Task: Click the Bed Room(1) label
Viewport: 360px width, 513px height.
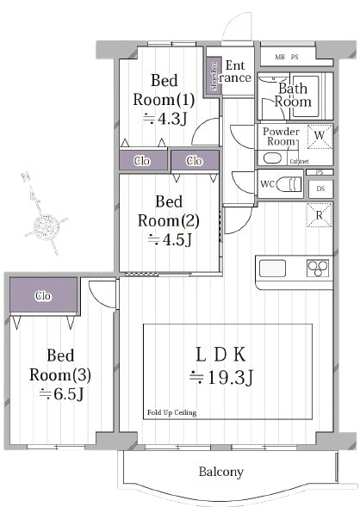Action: [x=164, y=90]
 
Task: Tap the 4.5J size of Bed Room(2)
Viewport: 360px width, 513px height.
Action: [x=167, y=240]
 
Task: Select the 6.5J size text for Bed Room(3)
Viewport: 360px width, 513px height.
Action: [x=59, y=395]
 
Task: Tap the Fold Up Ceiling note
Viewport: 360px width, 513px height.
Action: [x=171, y=412]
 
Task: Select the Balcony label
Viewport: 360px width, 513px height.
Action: [x=221, y=472]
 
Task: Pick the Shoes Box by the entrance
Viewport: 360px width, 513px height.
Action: [x=213, y=75]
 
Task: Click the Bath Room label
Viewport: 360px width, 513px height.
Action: [x=294, y=95]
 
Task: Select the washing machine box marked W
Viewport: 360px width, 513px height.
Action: [x=319, y=136]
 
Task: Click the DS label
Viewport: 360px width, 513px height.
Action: [x=320, y=189]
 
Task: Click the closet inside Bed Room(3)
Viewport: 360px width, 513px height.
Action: [x=43, y=296]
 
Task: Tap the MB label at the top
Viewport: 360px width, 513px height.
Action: [x=280, y=58]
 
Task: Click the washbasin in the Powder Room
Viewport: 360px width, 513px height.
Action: [x=272, y=158]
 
